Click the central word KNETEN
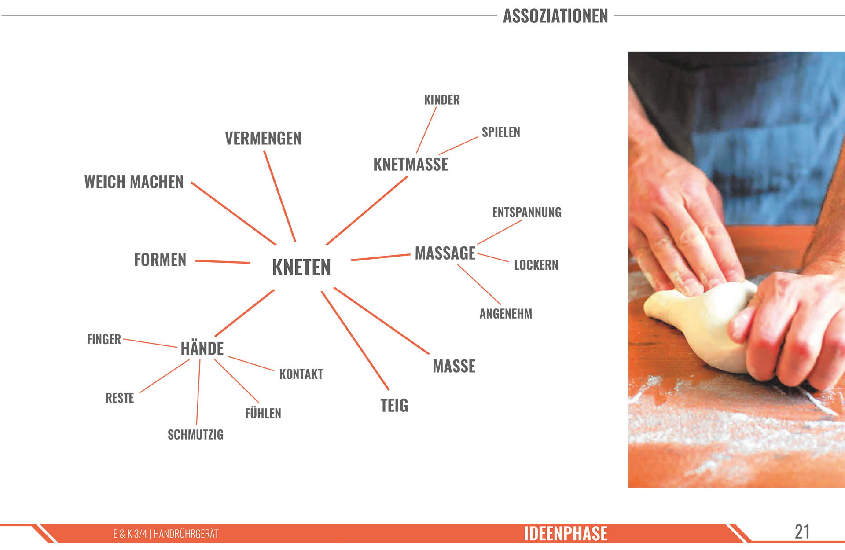(301, 268)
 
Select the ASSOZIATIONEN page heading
(555, 16)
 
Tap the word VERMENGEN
(263, 139)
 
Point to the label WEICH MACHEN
(134, 182)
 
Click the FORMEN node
(160, 260)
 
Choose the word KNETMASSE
(411, 165)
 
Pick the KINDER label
(442, 100)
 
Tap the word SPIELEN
(501, 132)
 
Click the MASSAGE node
(445, 253)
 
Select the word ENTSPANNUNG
(527, 213)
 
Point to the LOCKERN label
(536, 265)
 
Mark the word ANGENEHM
(506, 314)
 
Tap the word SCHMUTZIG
(195, 435)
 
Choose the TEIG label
(394, 406)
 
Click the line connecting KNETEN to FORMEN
(222, 262)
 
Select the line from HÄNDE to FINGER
(150, 343)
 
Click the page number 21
(802, 532)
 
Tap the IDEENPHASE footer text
(566, 534)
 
